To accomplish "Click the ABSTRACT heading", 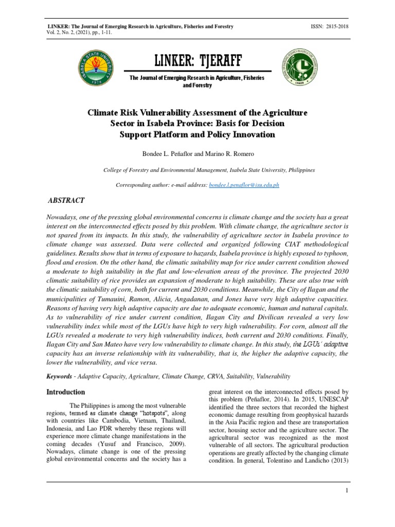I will click(x=66, y=200).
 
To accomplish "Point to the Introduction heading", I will click(x=66, y=392).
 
